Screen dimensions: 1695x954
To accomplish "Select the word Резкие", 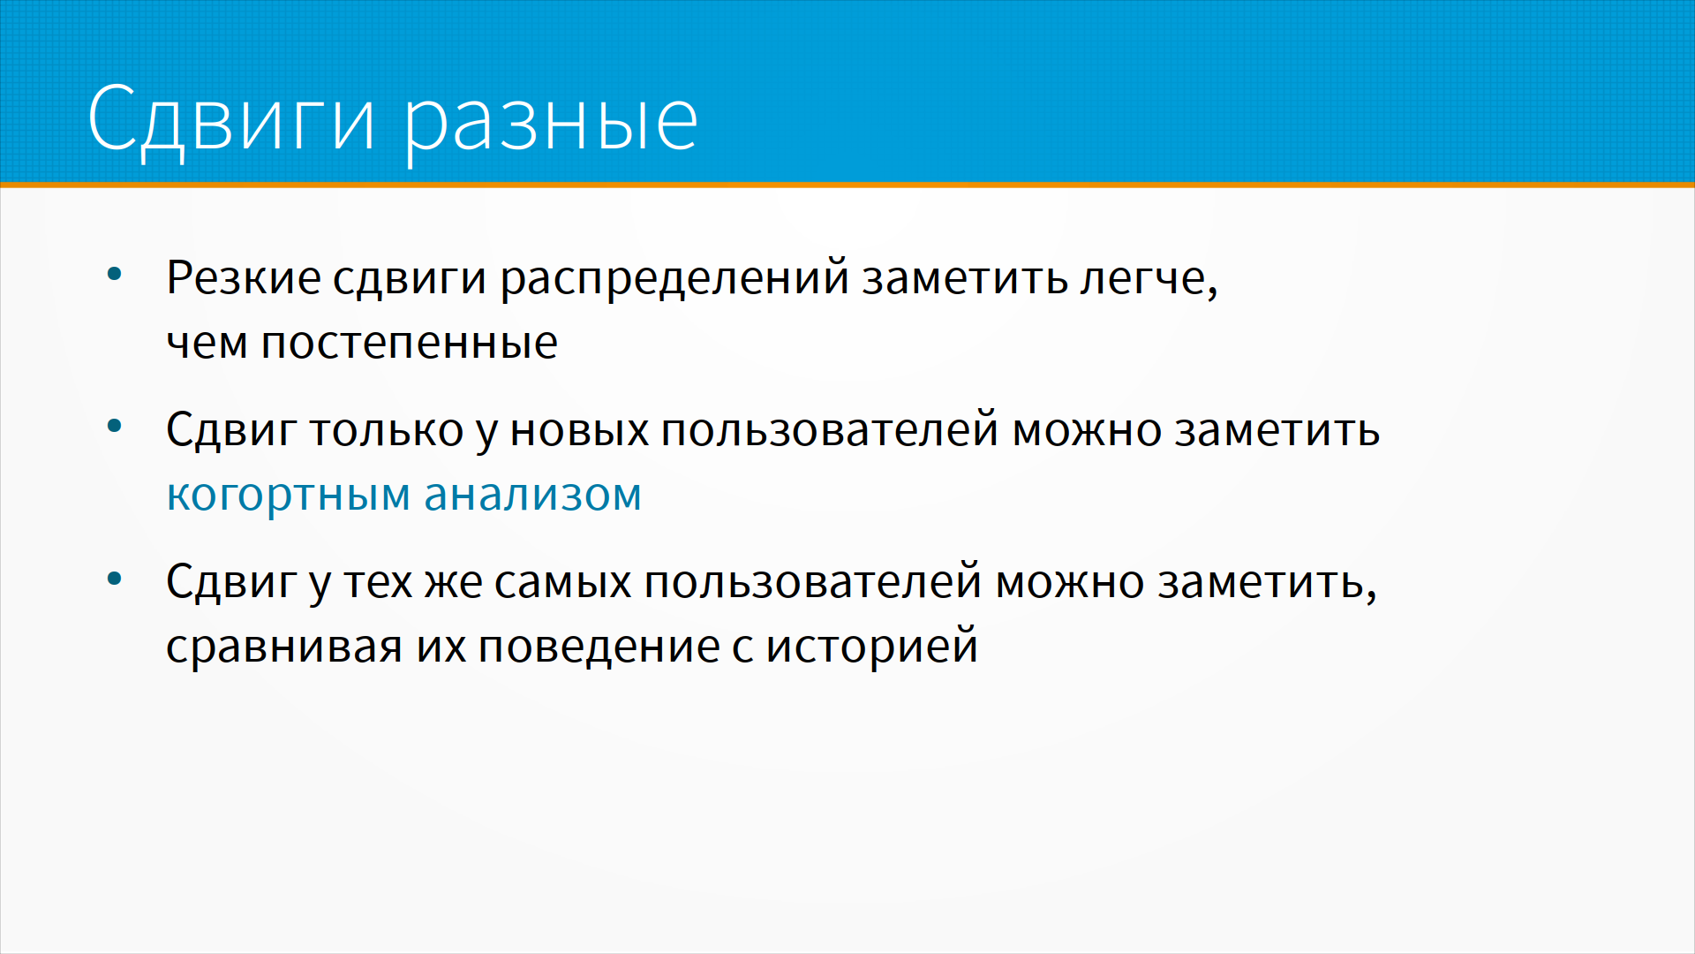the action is (x=244, y=277).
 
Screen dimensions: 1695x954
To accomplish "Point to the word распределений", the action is (x=674, y=281).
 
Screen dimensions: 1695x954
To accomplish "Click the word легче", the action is (x=1149, y=281).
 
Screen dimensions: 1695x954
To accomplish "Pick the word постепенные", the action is (x=409, y=344).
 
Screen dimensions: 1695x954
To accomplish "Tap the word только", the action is (x=387, y=430).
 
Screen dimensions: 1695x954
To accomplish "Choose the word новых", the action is (x=579, y=431).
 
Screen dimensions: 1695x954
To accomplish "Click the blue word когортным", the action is (x=289, y=496).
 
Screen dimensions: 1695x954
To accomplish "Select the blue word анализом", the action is (x=532, y=495).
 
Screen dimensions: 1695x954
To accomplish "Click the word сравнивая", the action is (x=284, y=647).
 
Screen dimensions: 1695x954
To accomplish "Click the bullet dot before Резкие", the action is (x=114, y=275).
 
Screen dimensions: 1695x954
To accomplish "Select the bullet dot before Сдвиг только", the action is (x=114, y=427).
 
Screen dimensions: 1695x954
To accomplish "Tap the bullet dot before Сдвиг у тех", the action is (x=114, y=579).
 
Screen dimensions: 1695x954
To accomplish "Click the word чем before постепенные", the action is (x=207, y=344).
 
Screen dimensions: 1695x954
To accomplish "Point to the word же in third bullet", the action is (x=453, y=583).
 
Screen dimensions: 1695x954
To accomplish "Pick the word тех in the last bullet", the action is (x=378, y=583).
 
